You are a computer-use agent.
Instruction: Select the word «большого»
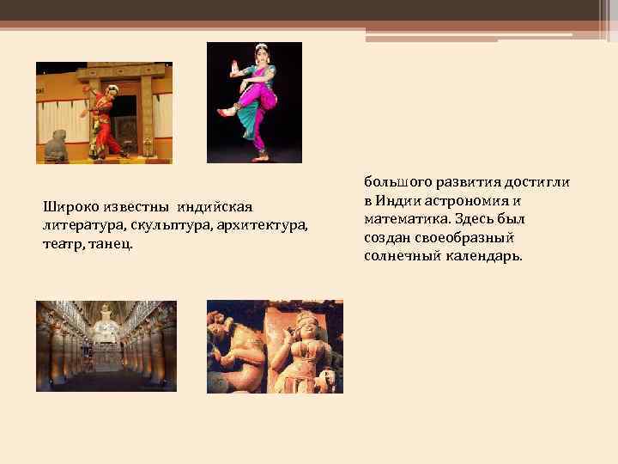coord(397,182)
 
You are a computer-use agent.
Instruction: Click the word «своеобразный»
coord(461,238)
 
